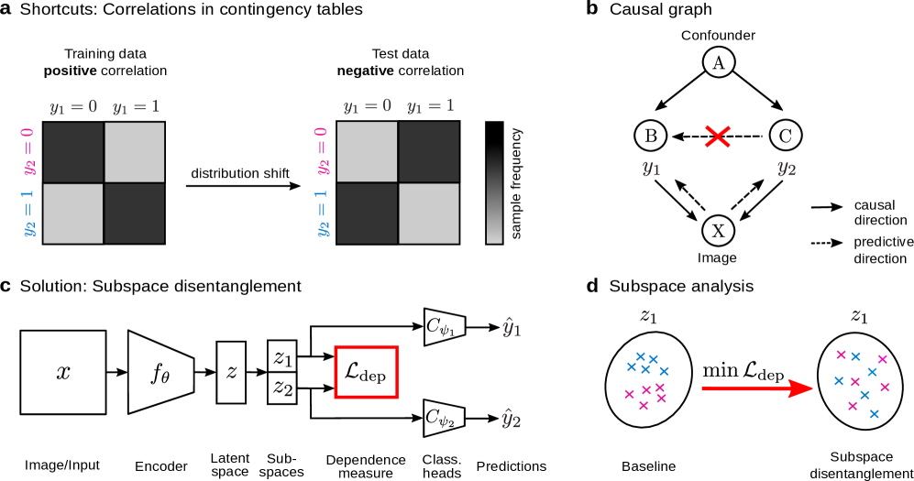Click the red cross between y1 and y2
[717, 137]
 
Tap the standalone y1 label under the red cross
[651, 169]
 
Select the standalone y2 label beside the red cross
[787, 169]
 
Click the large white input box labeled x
[63, 372]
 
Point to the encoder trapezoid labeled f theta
[160, 372]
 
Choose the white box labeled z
[231, 372]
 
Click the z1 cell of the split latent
[282, 356]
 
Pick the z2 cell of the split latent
[282, 388]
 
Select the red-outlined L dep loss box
[366, 372]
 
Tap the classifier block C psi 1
[445, 326]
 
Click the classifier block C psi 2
[445, 418]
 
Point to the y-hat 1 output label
[512, 327]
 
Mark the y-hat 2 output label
[512, 421]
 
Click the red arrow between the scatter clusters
[756, 388]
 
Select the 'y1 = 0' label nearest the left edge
[73, 107]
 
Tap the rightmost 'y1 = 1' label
[431, 106]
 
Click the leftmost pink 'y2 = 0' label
[30, 151]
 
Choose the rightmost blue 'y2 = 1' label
[324, 213]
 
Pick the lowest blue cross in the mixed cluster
[874, 414]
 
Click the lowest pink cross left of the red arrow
[644, 405]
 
